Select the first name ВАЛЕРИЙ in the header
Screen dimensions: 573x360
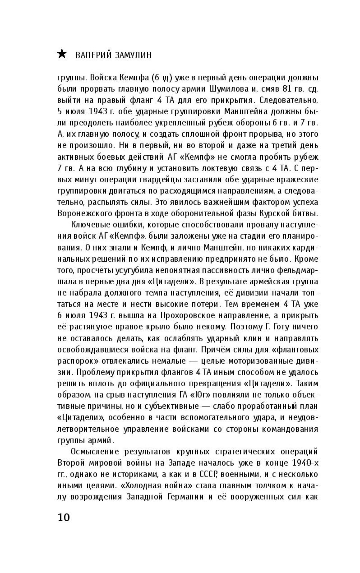[92, 55]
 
